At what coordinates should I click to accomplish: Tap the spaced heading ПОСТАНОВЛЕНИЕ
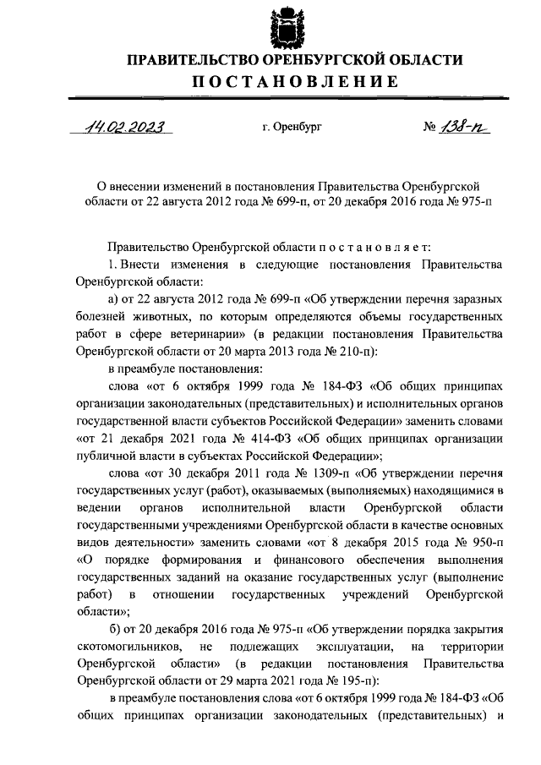point(294,82)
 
